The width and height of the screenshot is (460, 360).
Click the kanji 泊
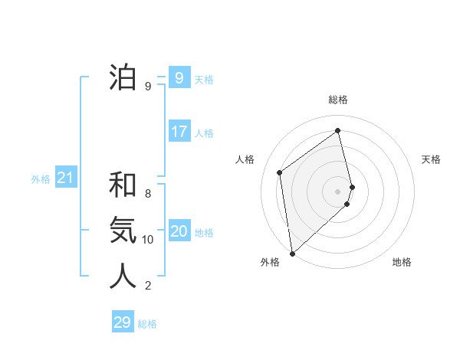[123, 77]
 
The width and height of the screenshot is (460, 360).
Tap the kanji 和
[123, 185]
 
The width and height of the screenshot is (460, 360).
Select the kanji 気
[123, 230]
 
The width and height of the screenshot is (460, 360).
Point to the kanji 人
[123, 276]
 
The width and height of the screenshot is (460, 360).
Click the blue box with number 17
[179, 132]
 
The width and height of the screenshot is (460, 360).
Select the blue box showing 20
[179, 231]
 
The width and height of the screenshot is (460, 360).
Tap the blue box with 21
[66, 178]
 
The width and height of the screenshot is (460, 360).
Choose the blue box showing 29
[123, 322]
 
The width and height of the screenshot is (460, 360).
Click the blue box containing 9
[179, 78]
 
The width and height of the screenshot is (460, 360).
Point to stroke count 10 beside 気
[148, 240]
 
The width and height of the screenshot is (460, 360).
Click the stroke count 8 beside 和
[148, 194]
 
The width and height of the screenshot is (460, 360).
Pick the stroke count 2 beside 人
[148, 286]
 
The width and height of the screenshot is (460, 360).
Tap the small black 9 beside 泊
[148, 87]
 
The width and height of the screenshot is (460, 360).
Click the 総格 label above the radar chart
[338, 100]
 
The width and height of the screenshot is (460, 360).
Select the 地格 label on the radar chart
[402, 263]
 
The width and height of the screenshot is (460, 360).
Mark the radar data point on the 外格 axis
[292, 253]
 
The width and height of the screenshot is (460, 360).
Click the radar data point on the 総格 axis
[338, 130]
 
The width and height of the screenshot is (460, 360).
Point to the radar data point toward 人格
[280, 172]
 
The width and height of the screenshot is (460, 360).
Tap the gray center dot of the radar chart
[338, 191]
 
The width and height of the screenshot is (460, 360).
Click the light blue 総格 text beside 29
[148, 324]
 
